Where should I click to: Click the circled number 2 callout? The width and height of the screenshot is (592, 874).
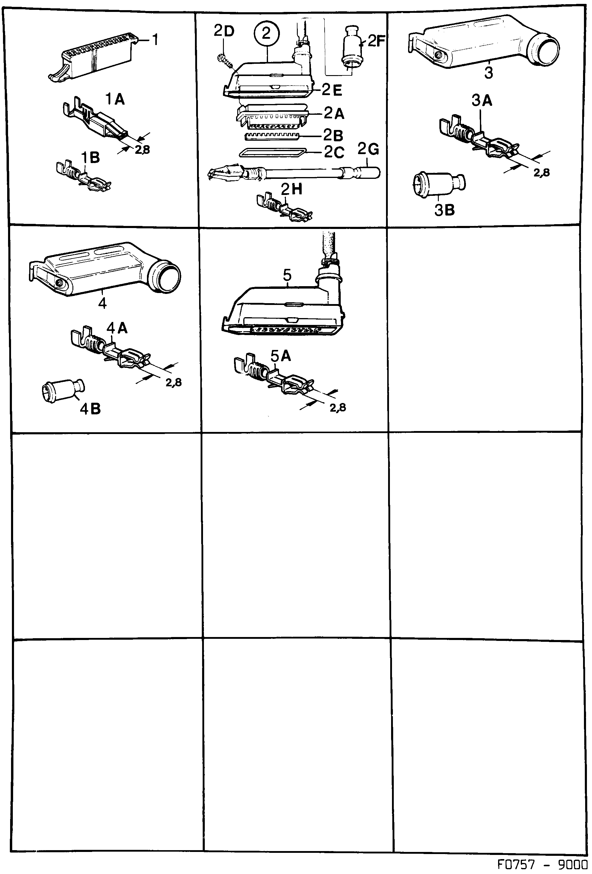[266, 34]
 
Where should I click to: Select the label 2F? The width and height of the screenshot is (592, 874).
[376, 41]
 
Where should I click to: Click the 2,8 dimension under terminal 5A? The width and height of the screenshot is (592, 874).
[337, 407]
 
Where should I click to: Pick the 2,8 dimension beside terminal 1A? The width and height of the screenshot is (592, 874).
[142, 150]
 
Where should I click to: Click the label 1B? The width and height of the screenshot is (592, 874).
[90, 158]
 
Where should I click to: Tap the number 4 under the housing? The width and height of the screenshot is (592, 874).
[102, 303]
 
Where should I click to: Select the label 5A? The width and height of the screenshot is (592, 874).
[280, 355]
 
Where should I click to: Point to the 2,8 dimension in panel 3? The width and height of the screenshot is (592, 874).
[542, 172]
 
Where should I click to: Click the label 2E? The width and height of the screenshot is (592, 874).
[332, 90]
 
